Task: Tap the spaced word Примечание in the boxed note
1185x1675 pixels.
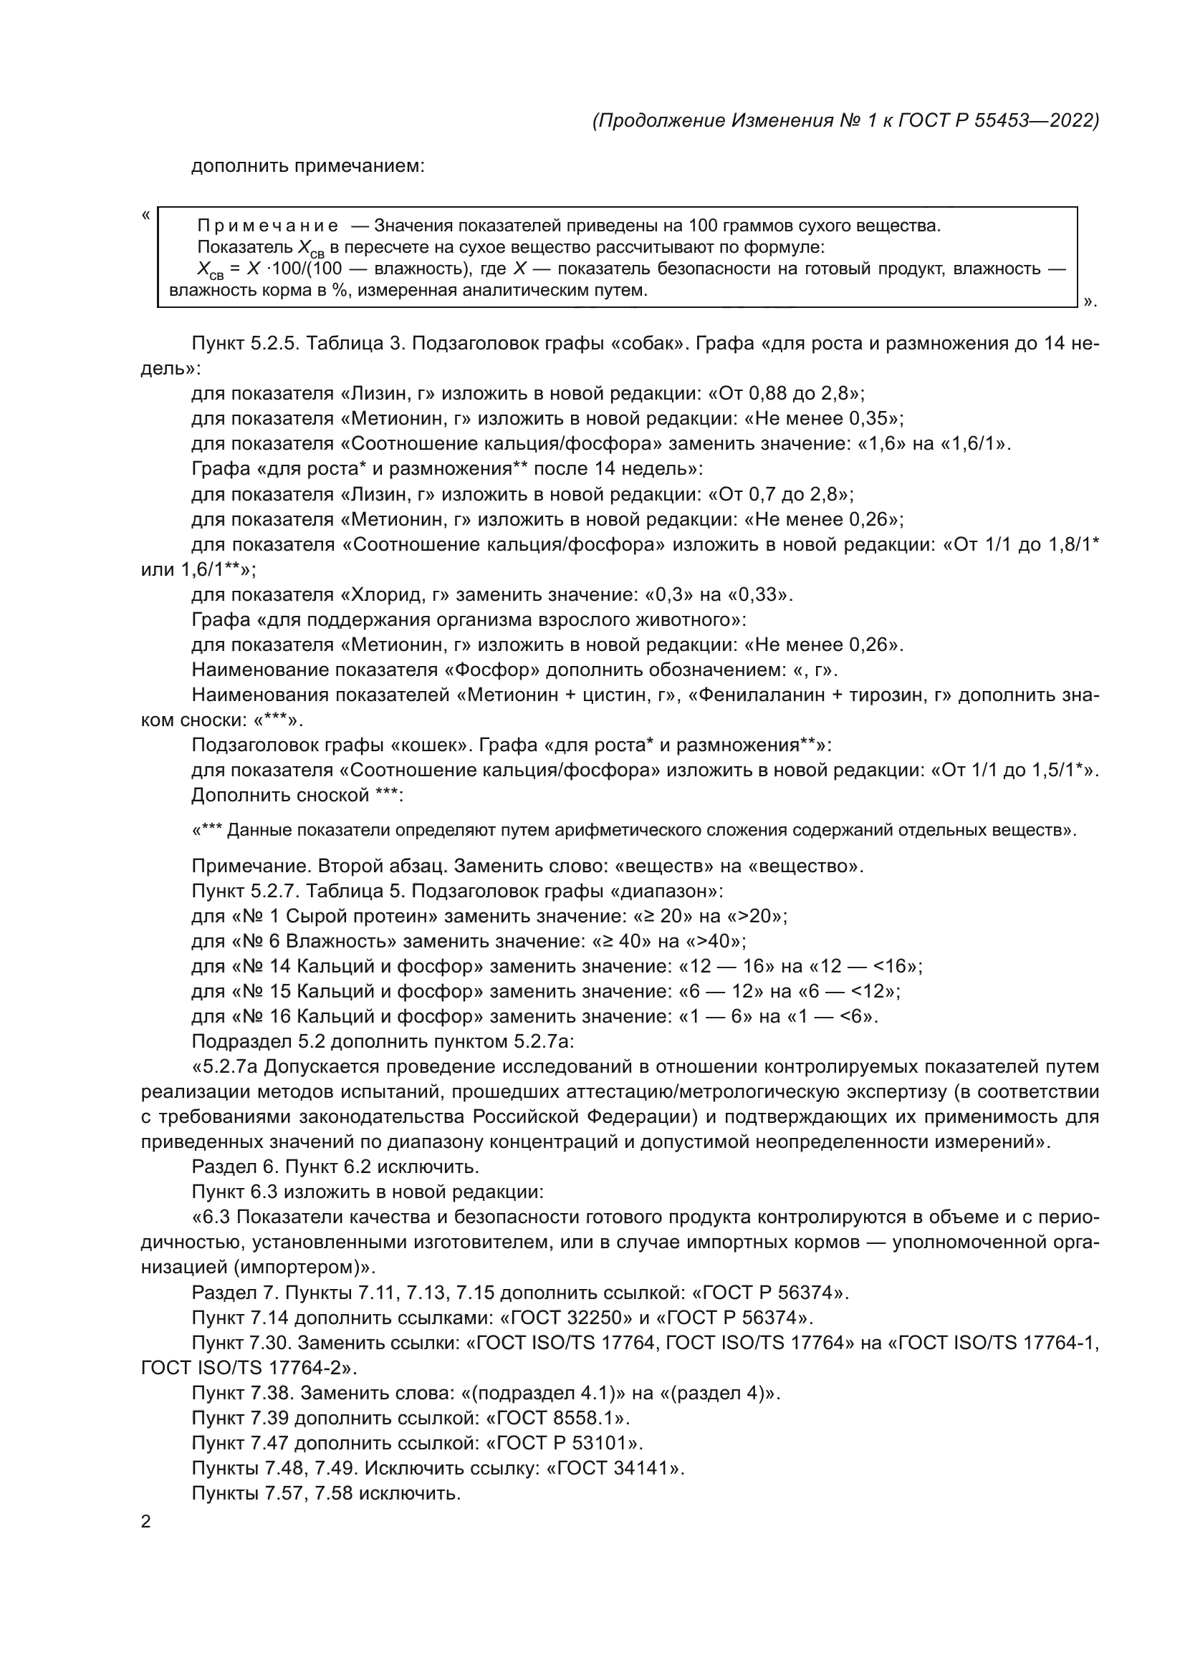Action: point(268,226)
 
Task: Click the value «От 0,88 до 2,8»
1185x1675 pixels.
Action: point(787,394)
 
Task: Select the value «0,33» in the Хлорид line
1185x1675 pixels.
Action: point(759,594)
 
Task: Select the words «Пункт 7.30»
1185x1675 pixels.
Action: point(241,1343)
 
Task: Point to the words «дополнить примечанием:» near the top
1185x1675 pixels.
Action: point(307,166)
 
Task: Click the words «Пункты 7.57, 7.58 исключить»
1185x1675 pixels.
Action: point(325,1493)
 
